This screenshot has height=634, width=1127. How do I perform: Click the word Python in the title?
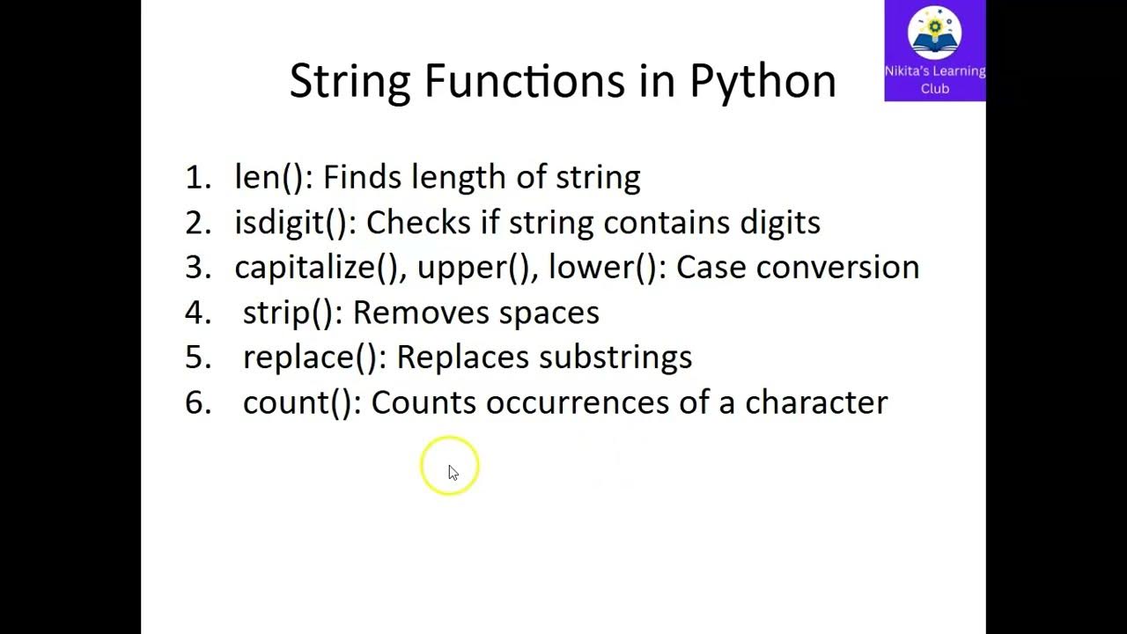762,81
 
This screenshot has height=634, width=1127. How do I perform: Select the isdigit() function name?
291,223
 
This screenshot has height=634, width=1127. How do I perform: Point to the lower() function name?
601,268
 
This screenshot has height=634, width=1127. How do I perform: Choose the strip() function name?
291,313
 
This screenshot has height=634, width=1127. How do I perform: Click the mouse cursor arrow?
453,473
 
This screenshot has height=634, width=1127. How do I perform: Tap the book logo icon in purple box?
934,33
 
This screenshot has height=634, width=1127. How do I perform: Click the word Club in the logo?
934,88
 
